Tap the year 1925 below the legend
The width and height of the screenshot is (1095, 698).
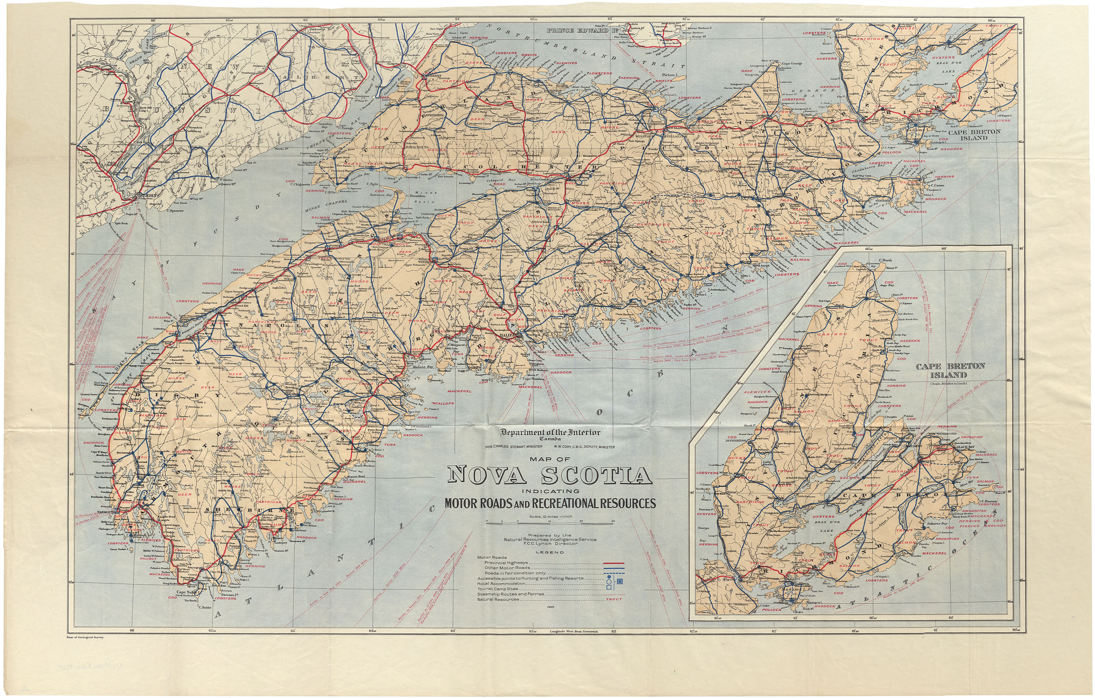(x=551, y=607)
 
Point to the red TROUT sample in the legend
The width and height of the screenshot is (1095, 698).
(x=614, y=599)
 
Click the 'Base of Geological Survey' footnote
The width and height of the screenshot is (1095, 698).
(x=85, y=637)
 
